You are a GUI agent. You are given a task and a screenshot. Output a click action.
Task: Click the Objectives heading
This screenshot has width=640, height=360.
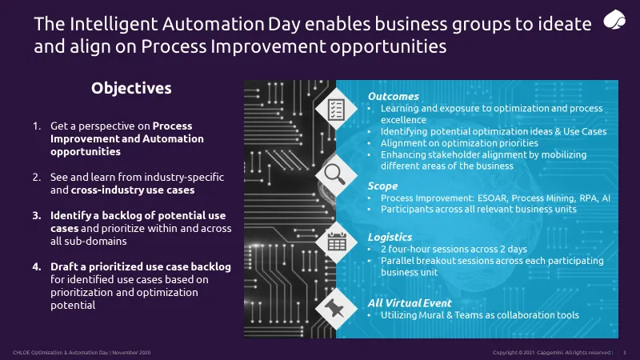pyautogui.click(x=131, y=89)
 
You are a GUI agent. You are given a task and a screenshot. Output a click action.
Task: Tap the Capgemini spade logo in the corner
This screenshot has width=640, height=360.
pyautogui.click(x=614, y=20)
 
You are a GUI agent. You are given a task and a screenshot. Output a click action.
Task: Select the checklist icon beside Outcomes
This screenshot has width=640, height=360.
pyautogui.click(x=336, y=109)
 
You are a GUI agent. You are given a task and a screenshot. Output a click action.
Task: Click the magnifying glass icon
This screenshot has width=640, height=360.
pyautogui.click(x=335, y=174)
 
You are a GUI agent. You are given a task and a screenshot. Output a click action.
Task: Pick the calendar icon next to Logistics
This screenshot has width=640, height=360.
pyautogui.click(x=337, y=242)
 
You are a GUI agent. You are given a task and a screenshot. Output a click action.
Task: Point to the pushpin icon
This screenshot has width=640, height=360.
pyautogui.click(x=334, y=308)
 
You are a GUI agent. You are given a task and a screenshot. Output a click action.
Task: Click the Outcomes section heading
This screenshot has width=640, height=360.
pyautogui.click(x=393, y=96)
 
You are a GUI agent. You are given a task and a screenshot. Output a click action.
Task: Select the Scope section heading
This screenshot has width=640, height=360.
pyautogui.click(x=382, y=186)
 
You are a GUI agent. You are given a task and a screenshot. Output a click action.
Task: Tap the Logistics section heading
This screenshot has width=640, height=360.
pyautogui.click(x=390, y=237)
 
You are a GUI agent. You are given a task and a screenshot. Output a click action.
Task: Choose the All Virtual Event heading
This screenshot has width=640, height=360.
pyautogui.click(x=410, y=303)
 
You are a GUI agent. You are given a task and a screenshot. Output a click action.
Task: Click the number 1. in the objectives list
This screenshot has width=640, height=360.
pyautogui.click(x=37, y=126)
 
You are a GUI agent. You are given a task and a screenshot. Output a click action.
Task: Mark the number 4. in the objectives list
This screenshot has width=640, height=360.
pyautogui.click(x=37, y=267)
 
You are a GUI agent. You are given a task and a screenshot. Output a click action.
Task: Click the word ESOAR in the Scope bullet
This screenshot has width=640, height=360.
pyautogui.click(x=493, y=198)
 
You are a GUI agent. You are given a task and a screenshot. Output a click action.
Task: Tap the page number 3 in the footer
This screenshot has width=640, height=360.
pyautogui.click(x=624, y=353)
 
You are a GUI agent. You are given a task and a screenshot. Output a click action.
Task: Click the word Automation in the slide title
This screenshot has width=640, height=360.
pyautogui.click(x=212, y=24)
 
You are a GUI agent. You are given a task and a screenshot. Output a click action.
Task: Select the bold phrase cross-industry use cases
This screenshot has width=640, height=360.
pyautogui.click(x=133, y=190)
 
